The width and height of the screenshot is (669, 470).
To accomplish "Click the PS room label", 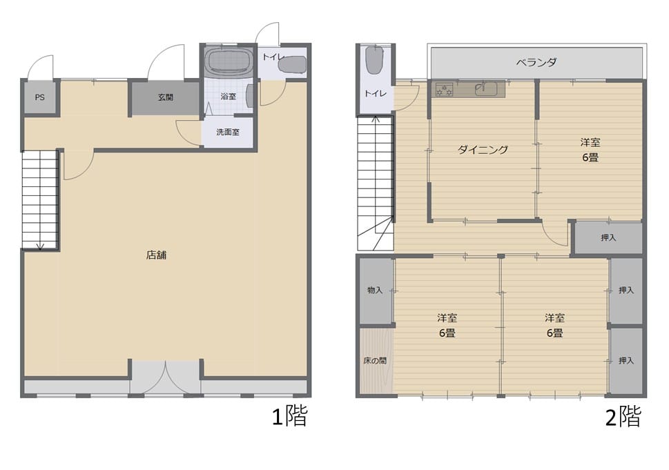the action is (x=39, y=97).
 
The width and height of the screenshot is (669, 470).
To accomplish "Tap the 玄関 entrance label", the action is (x=166, y=97).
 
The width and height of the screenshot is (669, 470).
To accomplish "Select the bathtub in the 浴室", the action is (x=229, y=61).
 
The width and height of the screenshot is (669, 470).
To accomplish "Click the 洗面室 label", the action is (x=228, y=133).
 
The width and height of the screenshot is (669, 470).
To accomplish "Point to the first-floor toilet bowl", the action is (x=292, y=65).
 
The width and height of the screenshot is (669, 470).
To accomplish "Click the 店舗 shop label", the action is (x=156, y=255).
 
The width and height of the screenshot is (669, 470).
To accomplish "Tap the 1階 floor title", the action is (x=290, y=416).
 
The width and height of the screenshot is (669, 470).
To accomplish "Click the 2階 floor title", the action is (x=623, y=417).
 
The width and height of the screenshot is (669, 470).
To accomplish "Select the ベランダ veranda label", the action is (x=536, y=62).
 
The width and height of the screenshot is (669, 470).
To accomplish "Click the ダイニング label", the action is (x=483, y=150).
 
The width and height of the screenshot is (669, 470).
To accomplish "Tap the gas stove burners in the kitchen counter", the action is (x=444, y=90).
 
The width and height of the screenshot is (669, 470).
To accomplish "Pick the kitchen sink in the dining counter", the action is (x=486, y=89).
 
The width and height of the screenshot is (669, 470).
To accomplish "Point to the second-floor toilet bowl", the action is (x=374, y=60).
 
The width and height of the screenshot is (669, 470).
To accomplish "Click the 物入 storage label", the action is (x=375, y=290).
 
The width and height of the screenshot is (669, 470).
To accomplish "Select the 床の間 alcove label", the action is (x=375, y=361).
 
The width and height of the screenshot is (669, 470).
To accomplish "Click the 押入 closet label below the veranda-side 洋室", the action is (x=608, y=237).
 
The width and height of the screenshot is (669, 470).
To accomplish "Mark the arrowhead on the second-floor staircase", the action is (x=376, y=119).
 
